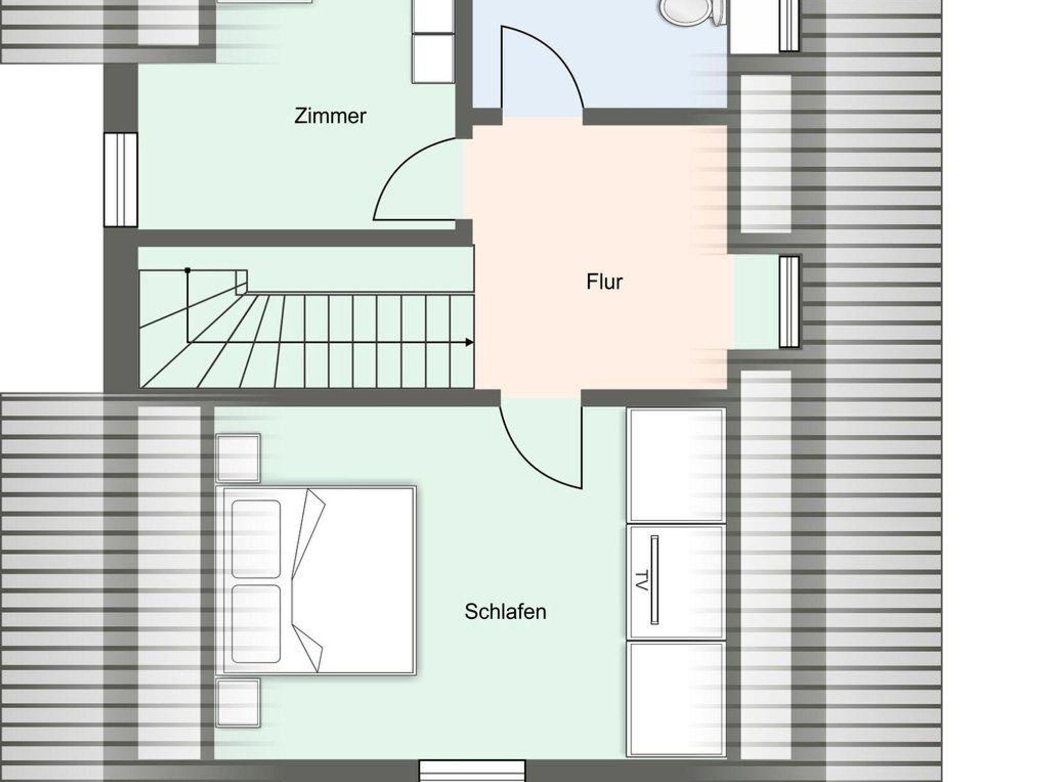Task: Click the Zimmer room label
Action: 330,116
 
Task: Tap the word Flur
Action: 604,282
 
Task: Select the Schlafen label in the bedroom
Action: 505,612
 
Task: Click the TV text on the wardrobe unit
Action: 642,581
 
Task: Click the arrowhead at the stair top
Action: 470,342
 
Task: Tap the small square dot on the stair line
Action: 188,270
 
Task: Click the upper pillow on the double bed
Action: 256,539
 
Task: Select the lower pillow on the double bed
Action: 256,624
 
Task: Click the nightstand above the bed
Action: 238,458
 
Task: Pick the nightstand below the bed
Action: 238,702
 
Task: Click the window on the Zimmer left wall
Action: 121,179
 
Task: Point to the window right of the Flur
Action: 789,302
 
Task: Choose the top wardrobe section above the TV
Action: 677,465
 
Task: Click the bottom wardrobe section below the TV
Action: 677,699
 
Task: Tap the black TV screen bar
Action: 655,580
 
